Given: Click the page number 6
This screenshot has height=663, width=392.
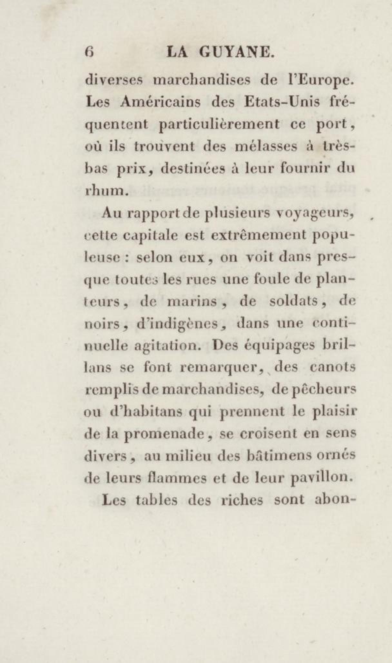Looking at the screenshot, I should point(89,52).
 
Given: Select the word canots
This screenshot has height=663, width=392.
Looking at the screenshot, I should point(334,368).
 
